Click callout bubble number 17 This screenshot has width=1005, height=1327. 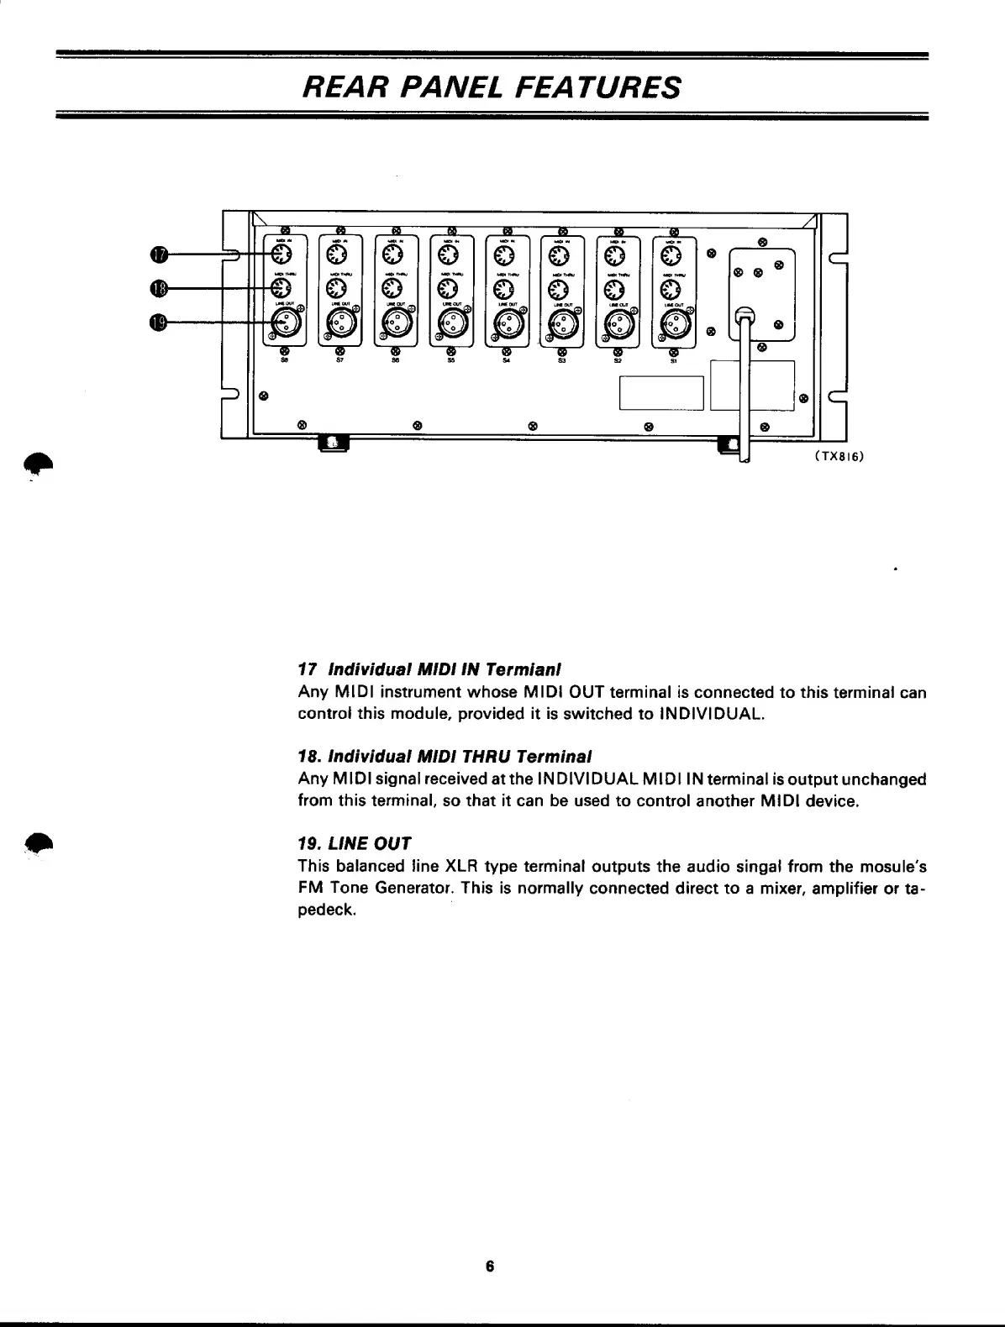[x=160, y=254]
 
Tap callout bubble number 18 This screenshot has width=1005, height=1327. [x=160, y=288]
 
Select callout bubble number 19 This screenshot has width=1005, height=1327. [x=160, y=323]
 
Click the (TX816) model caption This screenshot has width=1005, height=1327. [x=839, y=457]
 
